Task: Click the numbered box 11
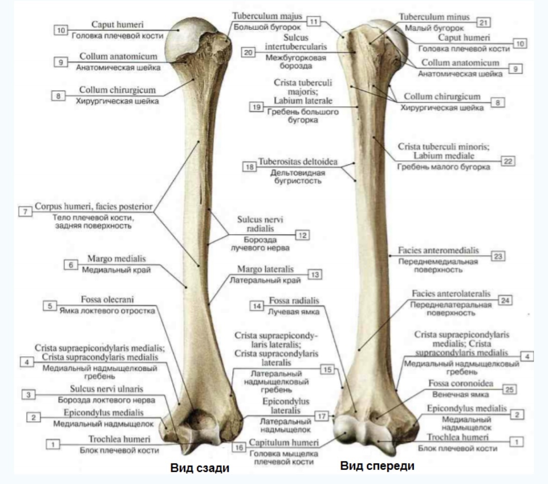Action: pos(313,21)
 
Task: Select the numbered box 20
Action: pos(248,52)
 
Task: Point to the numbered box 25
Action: pos(509,389)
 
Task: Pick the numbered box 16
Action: pos(238,447)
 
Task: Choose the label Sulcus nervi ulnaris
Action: pos(107,389)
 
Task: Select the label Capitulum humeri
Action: pos(285,442)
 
